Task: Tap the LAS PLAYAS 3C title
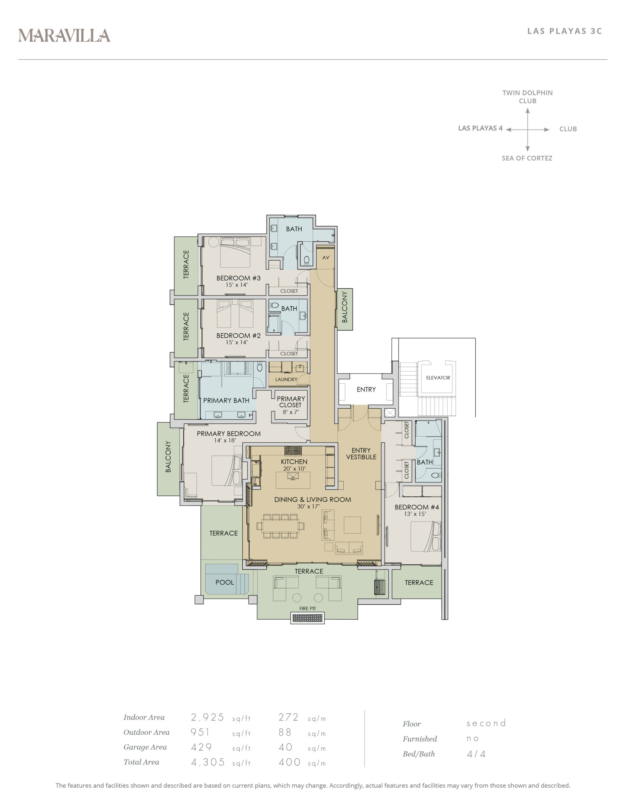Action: pyautogui.click(x=564, y=31)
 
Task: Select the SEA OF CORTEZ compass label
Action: pyautogui.click(x=527, y=158)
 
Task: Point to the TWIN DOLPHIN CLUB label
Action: pyautogui.click(x=527, y=97)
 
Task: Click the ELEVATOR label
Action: pyautogui.click(x=438, y=378)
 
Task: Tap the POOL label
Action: pyautogui.click(x=224, y=582)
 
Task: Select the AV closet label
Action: pyautogui.click(x=325, y=257)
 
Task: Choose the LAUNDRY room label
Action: pyautogui.click(x=286, y=380)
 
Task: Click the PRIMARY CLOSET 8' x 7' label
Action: pyautogui.click(x=291, y=405)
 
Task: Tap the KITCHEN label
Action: pyautogui.click(x=294, y=462)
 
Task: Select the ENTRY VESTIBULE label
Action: pyautogui.click(x=361, y=454)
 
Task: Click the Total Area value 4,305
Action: pyautogui.click(x=208, y=762)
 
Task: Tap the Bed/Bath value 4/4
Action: pyautogui.click(x=476, y=754)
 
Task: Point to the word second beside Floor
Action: pyautogui.click(x=486, y=723)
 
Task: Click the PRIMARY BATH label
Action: pyautogui.click(x=226, y=400)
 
